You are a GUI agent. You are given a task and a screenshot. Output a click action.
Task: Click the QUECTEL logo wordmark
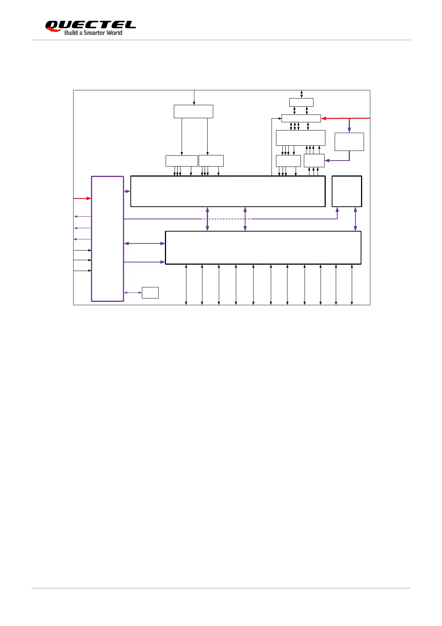(x=90, y=25)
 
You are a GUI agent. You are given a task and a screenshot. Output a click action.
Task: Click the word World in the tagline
(x=114, y=33)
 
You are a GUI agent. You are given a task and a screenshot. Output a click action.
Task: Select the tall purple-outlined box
(x=107, y=239)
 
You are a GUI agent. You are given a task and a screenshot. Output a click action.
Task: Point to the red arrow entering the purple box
(x=82, y=199)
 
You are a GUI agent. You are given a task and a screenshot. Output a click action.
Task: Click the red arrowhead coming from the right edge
(x=324, y=119)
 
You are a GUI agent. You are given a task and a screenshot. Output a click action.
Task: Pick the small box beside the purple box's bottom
(x=150, y=293)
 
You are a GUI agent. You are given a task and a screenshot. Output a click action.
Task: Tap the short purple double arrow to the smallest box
(x=133, y=293)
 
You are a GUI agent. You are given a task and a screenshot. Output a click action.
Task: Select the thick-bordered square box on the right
(x=347, y=191)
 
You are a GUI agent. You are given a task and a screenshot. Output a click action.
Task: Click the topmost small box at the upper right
(x=301, y=102)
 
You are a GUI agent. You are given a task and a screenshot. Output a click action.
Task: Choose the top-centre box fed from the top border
(x=193, y=112)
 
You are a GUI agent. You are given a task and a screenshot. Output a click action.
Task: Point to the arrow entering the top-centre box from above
(x=194, y=97)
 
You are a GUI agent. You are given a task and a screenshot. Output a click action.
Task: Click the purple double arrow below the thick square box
(x=355, y=219)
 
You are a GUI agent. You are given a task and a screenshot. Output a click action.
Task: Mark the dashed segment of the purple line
(x=227, y=219)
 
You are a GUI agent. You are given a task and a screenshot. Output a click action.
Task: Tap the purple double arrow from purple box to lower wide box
(x=144, y=243)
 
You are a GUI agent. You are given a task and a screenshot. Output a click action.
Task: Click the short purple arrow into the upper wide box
(x=127, y=191)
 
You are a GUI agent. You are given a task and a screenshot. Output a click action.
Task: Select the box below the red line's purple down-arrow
(x=349, y=142)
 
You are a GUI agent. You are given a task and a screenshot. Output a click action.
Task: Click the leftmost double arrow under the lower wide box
(x=186, y=284)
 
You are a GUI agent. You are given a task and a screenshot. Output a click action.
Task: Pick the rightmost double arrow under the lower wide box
(x=352, y=284)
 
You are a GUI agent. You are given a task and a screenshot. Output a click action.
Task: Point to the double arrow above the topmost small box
(x=302, y=94)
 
